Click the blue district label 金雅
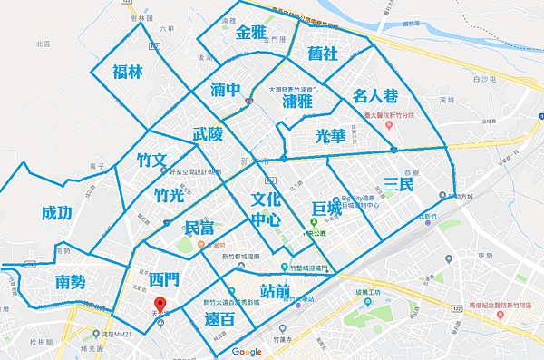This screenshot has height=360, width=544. (x=250, y=33)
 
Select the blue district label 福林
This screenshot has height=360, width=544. (x=127, y=73)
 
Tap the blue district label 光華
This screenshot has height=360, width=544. (x=330, y=135)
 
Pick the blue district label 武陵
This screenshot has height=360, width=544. (x=207, y=134)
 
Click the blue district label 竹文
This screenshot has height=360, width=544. (x=151, y=161)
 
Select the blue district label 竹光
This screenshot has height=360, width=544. (x=170, y=194)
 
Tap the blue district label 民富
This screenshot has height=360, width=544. (x=199, y=227)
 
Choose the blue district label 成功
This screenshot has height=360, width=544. (x=56, y=213)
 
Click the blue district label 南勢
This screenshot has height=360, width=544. (x=70, y=281)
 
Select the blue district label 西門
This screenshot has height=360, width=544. (x=145, y=278)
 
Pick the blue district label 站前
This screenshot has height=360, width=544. (x=275, y=291)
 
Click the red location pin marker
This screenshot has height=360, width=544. (x=160, y=305)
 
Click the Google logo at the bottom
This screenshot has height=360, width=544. (x=247, y=351)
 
